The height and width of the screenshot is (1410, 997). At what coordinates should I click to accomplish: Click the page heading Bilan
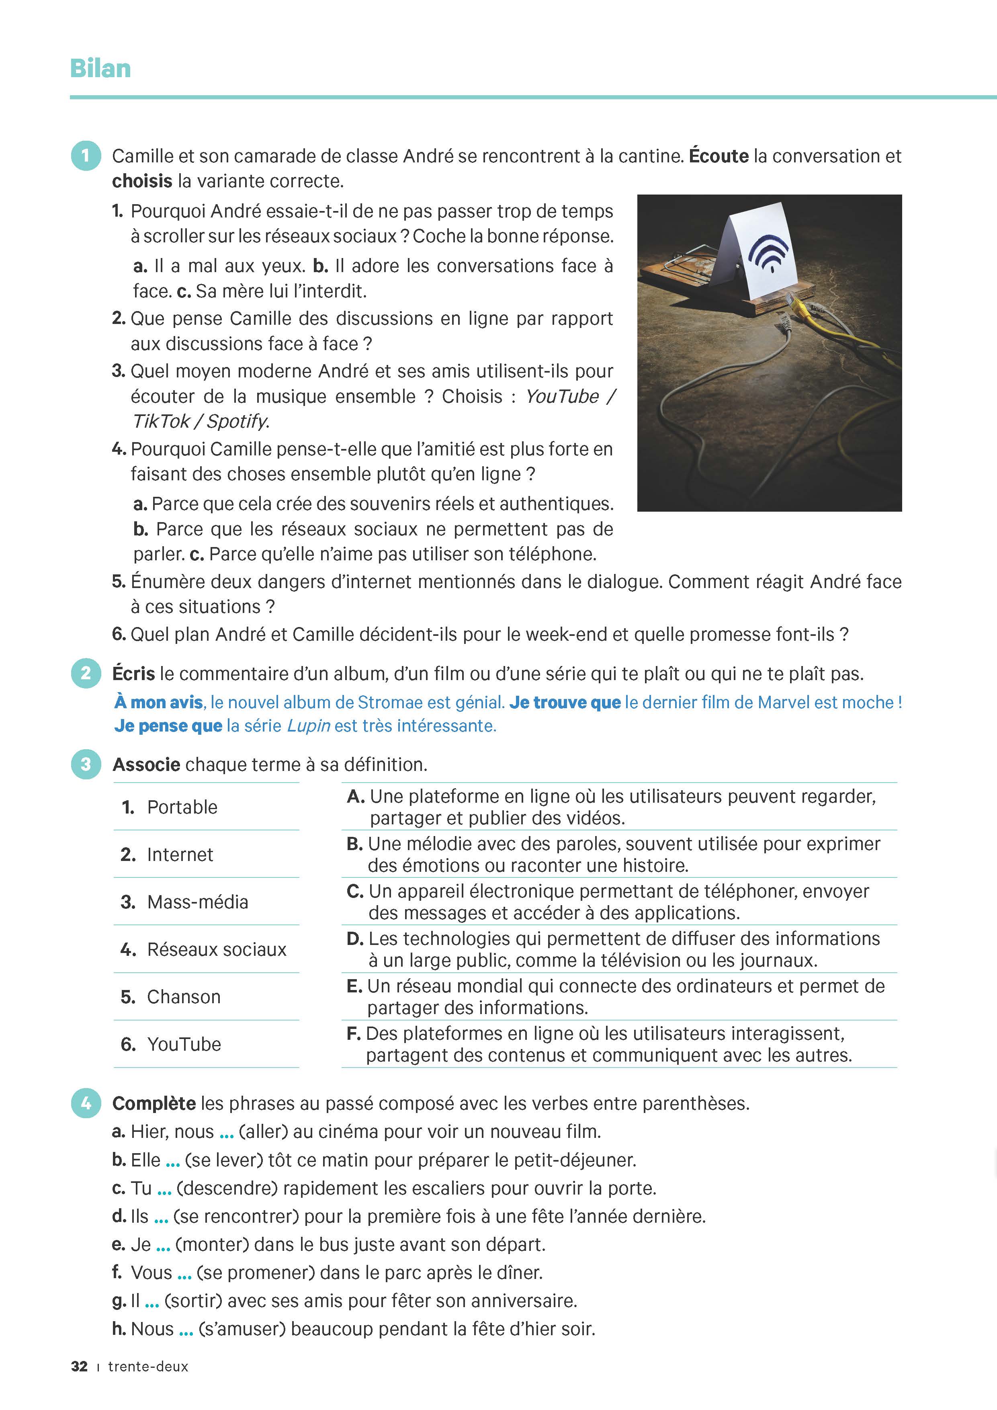(x=100, y=68)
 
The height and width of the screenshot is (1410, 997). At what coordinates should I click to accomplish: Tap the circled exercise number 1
(x=86, y=156)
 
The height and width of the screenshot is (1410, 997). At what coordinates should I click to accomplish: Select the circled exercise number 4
(x=86, y=1103)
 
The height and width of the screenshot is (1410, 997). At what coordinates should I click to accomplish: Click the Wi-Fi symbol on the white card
(x=768, y=252)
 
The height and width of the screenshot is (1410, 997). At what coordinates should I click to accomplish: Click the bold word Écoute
(x=718, y=156)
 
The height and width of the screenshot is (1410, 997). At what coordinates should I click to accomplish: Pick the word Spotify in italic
(x=237, y=421)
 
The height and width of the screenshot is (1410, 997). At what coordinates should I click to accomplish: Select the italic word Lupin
(x=309, y=726)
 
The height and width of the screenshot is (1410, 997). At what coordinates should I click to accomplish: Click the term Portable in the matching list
(x=182, y=807)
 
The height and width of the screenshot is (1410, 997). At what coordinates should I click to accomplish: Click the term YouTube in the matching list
(x=184, y=1044)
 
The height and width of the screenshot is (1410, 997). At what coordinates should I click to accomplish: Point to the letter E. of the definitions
(x=354, y=986)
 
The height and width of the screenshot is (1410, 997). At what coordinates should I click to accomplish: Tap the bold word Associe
(x=146, y=764)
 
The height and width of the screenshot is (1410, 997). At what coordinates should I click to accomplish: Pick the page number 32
(x=79, y=1367)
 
